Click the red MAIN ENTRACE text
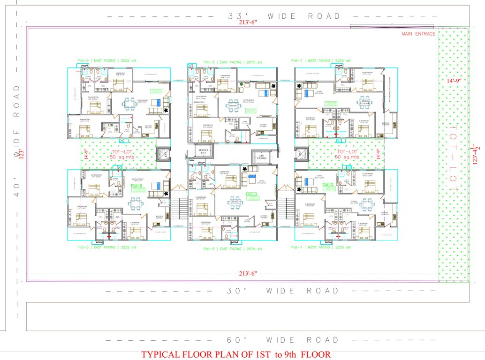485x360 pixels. [418, 34]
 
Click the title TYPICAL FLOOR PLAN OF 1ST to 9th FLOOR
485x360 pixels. [236, 354]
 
